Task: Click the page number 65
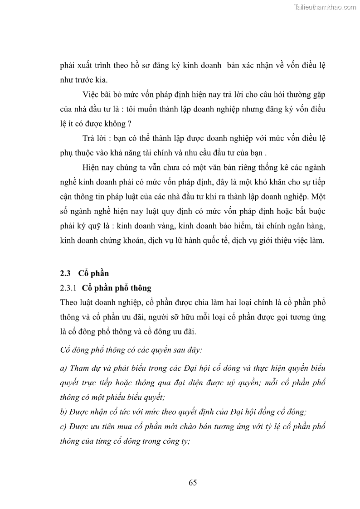[x=192, y=482]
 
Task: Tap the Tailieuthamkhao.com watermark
[x=325, y=7]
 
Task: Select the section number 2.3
[x=66, y=273]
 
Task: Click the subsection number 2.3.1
[x=69, y=288]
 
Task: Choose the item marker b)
[x=63, y=412]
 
